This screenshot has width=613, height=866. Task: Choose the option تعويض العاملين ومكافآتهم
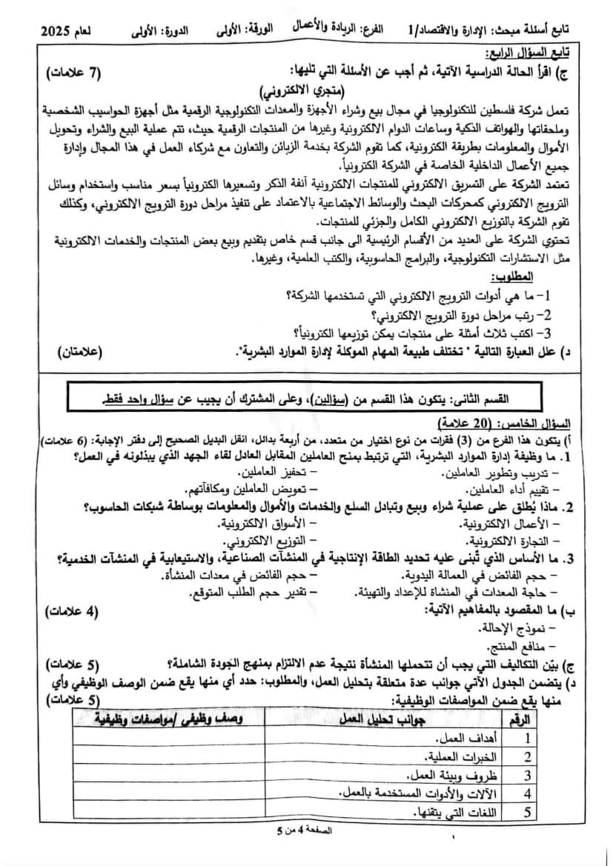click(259, 489)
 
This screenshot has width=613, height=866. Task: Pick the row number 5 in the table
click(528, 812)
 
